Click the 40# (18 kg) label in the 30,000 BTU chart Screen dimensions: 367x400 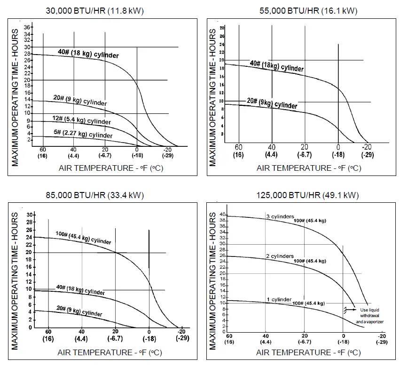[x=88, y=54]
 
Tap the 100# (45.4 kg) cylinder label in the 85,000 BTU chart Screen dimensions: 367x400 [x=84, y=238]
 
